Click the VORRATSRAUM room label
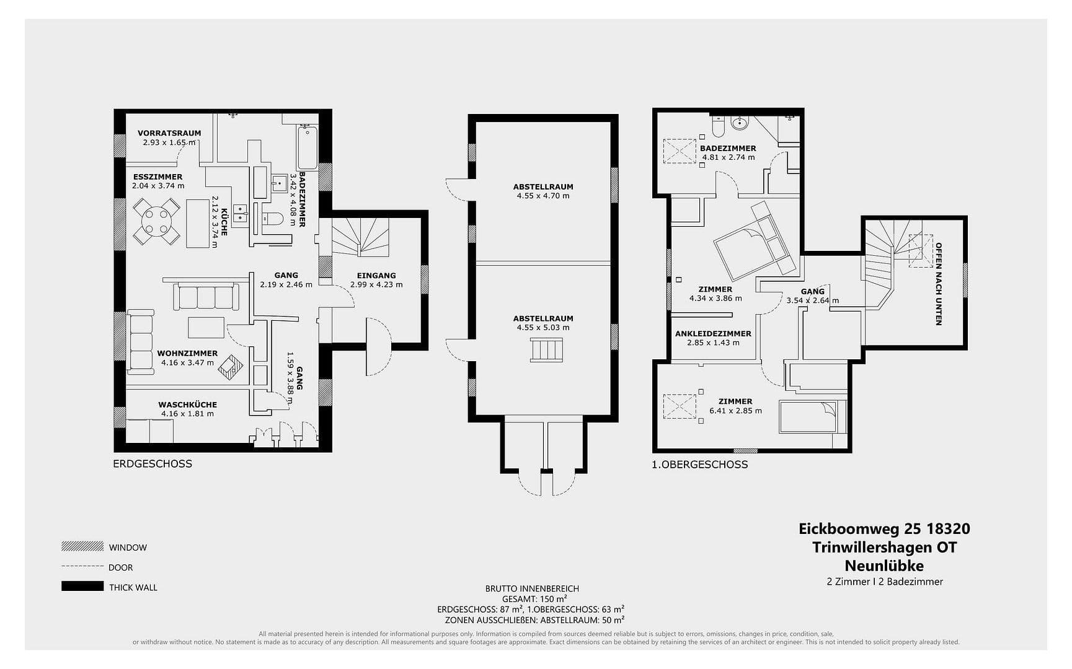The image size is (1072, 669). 169,133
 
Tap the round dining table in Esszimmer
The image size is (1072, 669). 157,221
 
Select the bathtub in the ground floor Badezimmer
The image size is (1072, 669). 308,147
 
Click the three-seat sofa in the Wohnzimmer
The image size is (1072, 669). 206,297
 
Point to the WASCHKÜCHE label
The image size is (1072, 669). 187,404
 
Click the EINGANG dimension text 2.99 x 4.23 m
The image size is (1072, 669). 376,285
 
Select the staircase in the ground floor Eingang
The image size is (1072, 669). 360,237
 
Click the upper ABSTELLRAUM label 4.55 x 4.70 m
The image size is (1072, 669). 543,191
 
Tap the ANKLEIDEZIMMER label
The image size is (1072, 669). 713,334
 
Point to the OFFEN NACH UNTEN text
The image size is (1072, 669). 939,284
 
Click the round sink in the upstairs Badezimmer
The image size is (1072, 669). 739,123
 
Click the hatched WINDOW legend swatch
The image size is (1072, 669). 82,546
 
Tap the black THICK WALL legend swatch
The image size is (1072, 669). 82,586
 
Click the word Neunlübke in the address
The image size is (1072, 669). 884,566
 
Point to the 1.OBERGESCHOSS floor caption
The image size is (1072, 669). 699,465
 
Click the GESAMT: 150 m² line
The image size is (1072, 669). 534,599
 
